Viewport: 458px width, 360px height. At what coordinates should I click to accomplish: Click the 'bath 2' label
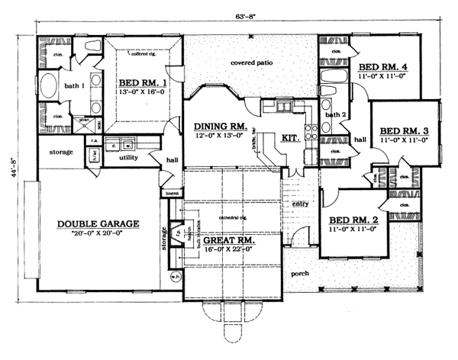[336, 114]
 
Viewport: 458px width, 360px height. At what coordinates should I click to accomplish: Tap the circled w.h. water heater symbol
[174, 276]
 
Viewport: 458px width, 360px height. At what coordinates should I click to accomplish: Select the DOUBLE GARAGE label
[98, 224]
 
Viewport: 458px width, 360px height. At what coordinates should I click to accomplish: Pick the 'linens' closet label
[171, 194]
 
